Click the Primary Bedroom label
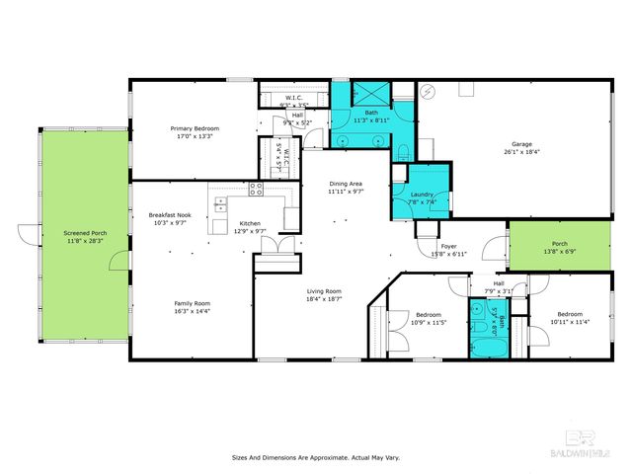195,129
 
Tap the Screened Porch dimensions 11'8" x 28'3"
87,241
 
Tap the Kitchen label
250,224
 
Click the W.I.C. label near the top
293,98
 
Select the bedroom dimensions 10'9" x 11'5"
429,323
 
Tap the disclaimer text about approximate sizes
315,457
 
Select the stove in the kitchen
256,189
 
